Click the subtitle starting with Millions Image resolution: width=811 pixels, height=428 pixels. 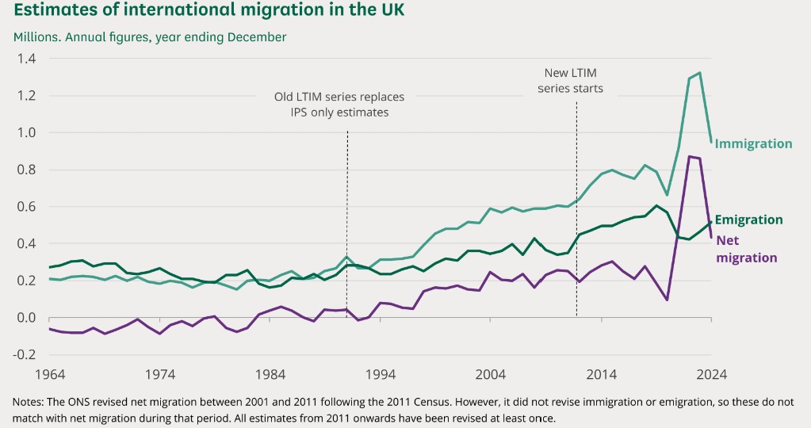150,37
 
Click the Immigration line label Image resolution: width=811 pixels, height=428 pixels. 753,143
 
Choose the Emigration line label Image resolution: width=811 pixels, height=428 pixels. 748,220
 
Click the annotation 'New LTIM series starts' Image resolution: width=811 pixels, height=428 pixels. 570,80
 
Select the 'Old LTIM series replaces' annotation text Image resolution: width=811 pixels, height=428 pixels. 339,97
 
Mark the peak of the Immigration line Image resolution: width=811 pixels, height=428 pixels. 699,73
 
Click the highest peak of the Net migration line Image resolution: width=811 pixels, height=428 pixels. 690,156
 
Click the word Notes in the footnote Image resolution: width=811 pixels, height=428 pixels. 29,403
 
